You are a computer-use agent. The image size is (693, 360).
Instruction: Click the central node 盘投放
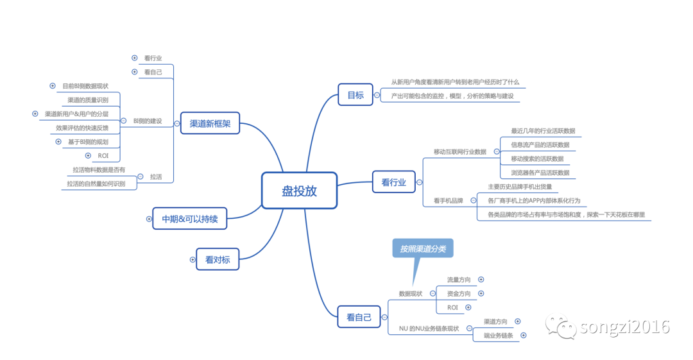(x=299, y=191)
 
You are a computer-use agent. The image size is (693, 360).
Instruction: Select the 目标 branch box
(x=355, y=96)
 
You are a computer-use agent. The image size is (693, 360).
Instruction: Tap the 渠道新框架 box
(x=210, y=123)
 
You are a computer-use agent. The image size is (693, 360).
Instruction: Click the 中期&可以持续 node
(x=190, y=219)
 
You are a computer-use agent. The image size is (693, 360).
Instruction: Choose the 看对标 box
(x=218, y=259)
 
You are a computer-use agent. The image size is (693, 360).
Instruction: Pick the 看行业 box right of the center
(x=393, y=182)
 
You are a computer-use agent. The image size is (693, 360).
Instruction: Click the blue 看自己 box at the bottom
(x=359, y=317)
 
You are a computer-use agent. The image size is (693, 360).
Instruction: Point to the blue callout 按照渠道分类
(x=422, y=249)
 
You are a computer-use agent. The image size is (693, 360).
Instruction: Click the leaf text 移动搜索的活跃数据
(x=537, y=159)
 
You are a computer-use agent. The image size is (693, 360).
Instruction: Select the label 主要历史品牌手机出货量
(x=520, y=187)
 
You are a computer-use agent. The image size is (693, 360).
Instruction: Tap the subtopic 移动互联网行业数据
(x=460, y=151)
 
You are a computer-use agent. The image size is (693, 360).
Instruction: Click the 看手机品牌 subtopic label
(x=449, y=201)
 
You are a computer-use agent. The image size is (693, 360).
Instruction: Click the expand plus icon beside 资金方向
(x=481, y=293)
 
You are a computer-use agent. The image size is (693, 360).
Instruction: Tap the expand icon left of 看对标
(x=193, y=260)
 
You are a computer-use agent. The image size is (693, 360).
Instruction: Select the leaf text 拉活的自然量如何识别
(x=96, y=184)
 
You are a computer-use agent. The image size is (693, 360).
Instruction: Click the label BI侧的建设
(x=148, y=121)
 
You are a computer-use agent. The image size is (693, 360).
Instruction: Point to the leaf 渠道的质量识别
(x=88, y=100)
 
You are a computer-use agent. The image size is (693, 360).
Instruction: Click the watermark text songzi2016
(x=624, y=327)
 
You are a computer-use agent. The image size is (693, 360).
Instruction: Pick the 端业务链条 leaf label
(x=499, y=336)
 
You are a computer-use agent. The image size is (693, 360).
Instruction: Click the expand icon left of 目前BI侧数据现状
(x=53, y=85)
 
